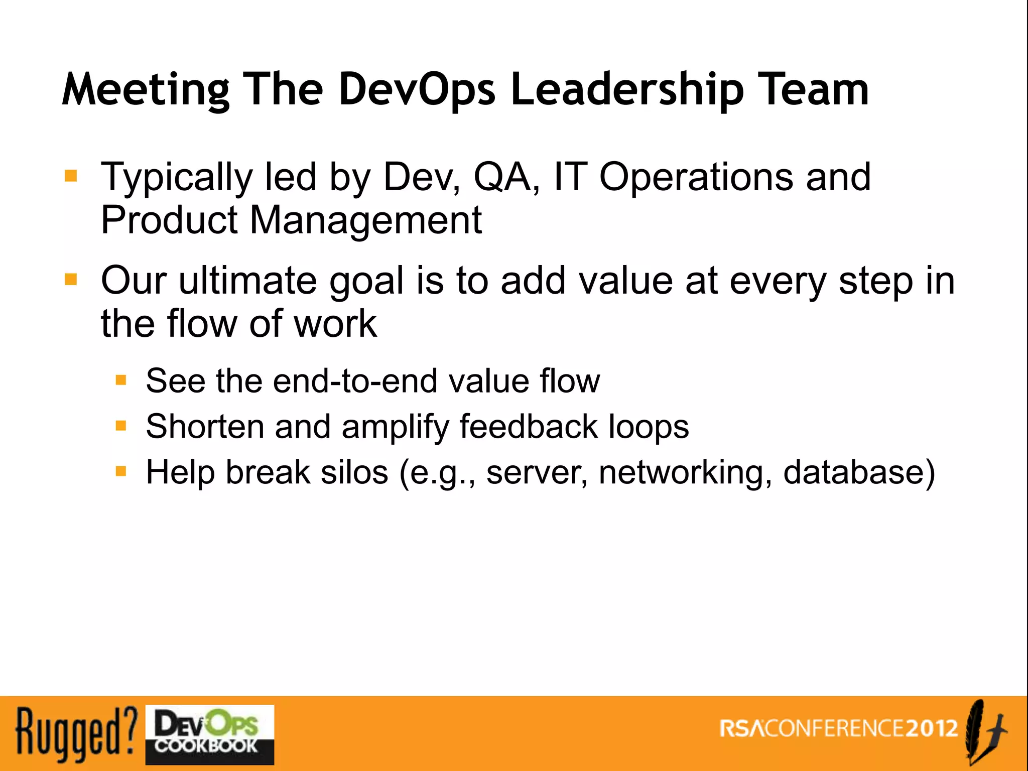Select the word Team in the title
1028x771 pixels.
pyautogui.click(x=813, y=89)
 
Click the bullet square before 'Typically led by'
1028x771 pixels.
pyautogui.click(x=71, y=176)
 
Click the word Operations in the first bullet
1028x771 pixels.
pyautogui.click(x=696, y=178)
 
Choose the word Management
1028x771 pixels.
pyautogui.click(x=365, y=221)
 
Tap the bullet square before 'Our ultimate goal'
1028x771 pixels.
pyautogui.click(x=71, y=279)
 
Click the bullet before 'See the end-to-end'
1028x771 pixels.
pyautogui.click(x=120, y=380)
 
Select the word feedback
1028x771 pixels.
pyautogui.click(x=528, y=427)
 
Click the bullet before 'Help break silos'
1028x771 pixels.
pyautogui.click(x=120, y=471)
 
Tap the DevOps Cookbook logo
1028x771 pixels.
pyautogui.click(x=209, y=734)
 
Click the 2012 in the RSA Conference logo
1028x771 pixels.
pyautogui.click(x=932, y=728)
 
